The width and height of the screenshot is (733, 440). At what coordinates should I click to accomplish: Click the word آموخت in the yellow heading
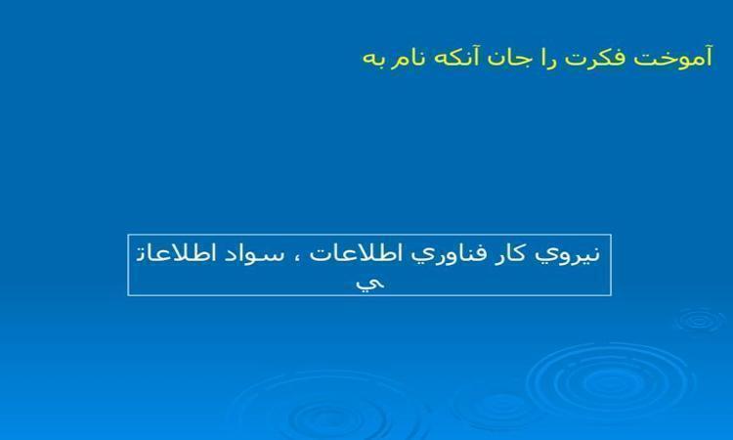(x=673, y=57)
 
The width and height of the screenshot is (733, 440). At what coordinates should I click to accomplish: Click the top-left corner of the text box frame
(x=128, y=235)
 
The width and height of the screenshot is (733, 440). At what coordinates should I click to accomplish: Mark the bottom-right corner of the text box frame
(x=611, y=295)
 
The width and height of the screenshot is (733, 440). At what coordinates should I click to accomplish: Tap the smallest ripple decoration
(x=700, y=321)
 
